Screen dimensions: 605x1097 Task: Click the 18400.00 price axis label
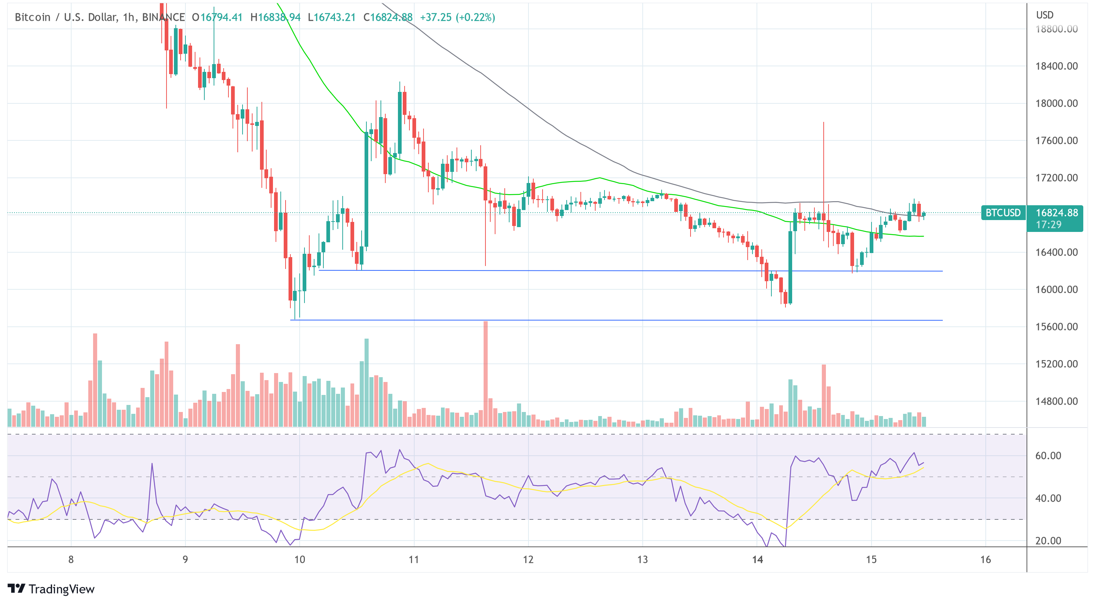pyautogui.click(x=1056, y=66)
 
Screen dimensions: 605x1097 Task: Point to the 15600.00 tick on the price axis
pyautogui.click(x=1056, y=327)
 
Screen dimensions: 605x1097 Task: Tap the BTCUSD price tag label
pyautogui.click(x=1002, y=213)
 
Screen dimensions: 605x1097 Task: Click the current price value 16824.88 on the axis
pyautogui.click(x=1056, y=213)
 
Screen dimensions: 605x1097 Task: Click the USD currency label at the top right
pyautogui.click(x=1044, y=15)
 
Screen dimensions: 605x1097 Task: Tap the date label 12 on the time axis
pyautogui.click(x=528, y=559)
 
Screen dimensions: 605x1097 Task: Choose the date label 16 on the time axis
pyautogui.click(x=985, y=559)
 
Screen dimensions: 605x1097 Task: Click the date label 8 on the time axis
pyautogui.click(x=71, y=559)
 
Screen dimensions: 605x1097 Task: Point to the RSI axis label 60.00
pyautogui.click(x=1048, y=456)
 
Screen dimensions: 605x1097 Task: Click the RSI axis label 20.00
pyautogui.click(x=1048, y=541)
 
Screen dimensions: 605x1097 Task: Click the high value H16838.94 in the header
pyautogui.click(x=275, y=17)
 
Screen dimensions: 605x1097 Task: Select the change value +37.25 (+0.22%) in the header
pyautogui.click(x=457, y=17)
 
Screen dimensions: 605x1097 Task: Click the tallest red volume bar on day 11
pyautogui.click(x=485, y=375)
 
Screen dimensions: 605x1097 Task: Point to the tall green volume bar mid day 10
pyautogui.click(x=366, y=383)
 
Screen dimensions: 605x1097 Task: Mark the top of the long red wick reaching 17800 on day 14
pyautogui.click(x=824, y=123)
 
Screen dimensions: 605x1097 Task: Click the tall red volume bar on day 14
pyautogui.click(x=824, y=396)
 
